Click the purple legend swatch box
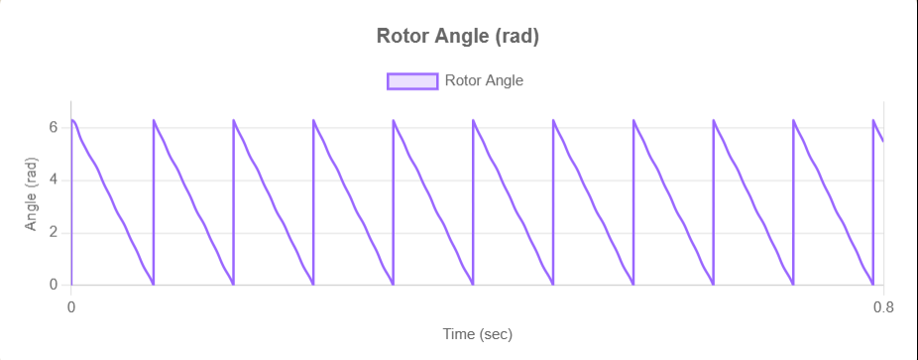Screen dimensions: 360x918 click(x=411, y=81)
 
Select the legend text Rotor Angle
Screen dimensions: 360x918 click(x=484, y=81)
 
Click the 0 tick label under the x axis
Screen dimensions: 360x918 click(x=71, y=307)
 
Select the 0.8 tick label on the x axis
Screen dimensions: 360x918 click(x=883, y=307)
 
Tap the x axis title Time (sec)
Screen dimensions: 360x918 click(x=477, y=334)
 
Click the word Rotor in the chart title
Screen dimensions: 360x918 click(x=402, y=37)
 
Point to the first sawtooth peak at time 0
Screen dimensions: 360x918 click(x=72, y=120)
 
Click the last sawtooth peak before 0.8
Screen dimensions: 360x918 click(x=873, y=120)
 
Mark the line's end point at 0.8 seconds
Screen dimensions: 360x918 click(x=883, y=141)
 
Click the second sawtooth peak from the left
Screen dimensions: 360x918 click(x=154, y=120)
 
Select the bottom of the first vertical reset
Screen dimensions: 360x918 click(x=153, y=285)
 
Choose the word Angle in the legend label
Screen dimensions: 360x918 click(x=504, y=81)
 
